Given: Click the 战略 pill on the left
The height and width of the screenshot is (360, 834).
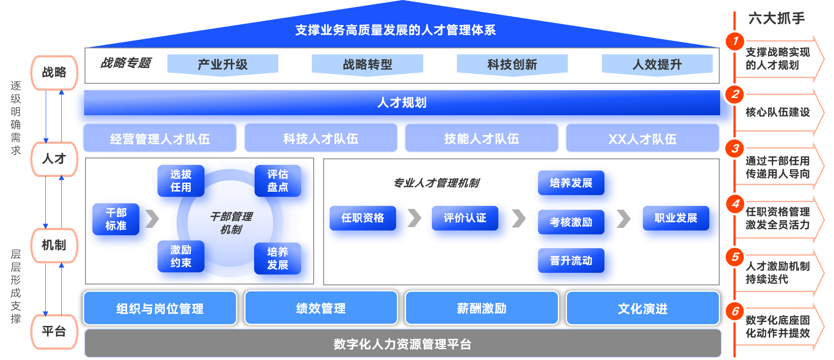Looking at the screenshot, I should (x=54, y=73).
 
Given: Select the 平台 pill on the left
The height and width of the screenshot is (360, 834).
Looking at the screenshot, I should (x=54, y=332).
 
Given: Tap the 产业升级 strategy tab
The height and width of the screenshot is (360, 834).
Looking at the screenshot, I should (x=223, y=65).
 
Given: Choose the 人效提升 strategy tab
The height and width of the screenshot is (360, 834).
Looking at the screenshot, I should (x=657, y=65).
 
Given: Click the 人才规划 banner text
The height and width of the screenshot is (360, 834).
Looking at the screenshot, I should (x=402, y=103).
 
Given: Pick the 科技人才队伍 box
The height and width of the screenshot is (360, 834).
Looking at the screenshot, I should (x=321, y=139).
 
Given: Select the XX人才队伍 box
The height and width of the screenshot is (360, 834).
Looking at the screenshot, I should (x=642, y=139).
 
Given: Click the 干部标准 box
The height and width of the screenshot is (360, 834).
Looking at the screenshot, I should (x=116, y=219).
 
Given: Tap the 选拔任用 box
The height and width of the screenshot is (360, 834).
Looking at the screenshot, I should (x=180, y=181).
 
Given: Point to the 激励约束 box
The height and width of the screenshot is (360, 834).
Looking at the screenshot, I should (x=180, y=256).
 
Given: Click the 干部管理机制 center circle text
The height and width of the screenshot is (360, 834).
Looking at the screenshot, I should (x=231, y=223).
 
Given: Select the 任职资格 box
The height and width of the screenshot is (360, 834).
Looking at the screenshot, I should (x=363, y=218).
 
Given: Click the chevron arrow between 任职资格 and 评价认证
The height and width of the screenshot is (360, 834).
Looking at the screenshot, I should (x=415, y=218).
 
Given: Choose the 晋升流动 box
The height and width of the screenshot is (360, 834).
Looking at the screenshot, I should (x=571, y=261).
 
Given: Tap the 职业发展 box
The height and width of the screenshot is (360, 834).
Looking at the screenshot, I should (x=676, y=218).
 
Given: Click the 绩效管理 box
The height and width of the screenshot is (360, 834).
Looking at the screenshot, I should (x=321, y=308).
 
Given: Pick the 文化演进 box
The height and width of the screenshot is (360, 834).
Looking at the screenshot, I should (x=642, y=308).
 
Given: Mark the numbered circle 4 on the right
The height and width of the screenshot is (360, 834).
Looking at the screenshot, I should (x=735, y=204).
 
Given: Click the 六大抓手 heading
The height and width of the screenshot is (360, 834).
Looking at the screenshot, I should (x=777, y=18).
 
